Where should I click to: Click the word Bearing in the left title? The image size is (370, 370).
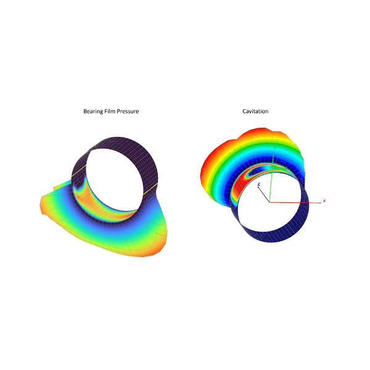[x=93, y=112]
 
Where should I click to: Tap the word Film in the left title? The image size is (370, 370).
[x=109, y=111]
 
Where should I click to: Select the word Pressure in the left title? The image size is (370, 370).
[x=127, y=111]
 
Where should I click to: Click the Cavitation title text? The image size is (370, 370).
[x=255, y=111]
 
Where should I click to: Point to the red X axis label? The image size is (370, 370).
[x=324, y=201]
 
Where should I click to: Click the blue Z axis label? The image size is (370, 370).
[x=259, y=184]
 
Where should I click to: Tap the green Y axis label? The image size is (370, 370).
[x=275, y=147]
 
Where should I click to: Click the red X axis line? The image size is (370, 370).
[x=295, y=202]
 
